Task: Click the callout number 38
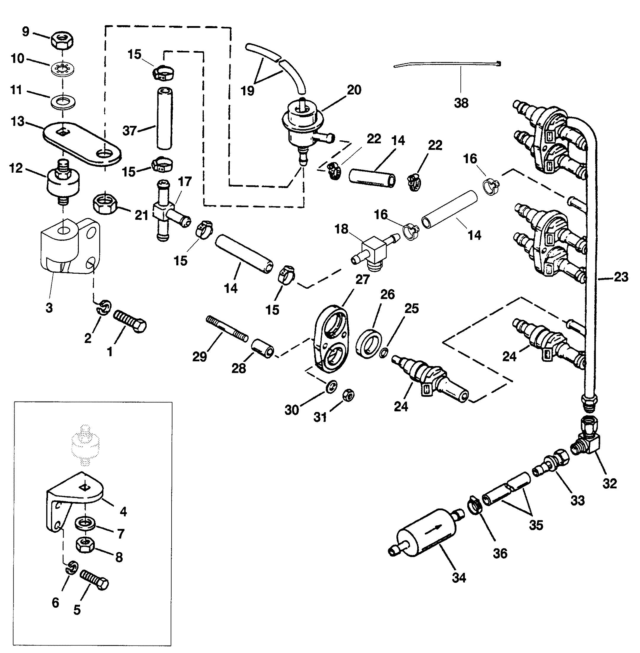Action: pyautogui.click(x=461, y=103)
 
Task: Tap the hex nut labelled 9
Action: pyautogui.click(x=63, y=41)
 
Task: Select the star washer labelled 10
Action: pyautogui.click(x=63, y=70)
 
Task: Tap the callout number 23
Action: pyautogui.click(x=621, y=277)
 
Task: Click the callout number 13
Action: pyautogui.click(x=17, y=121)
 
